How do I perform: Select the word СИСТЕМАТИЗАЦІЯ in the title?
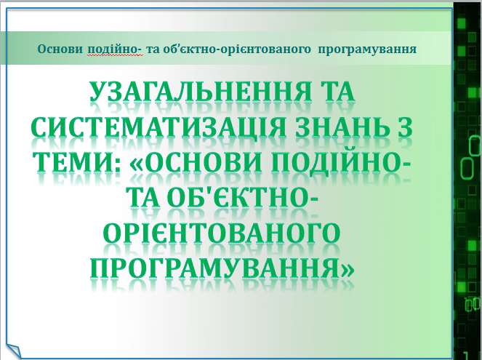pos(150,131)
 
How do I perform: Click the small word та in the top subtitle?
pos(153,49)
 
